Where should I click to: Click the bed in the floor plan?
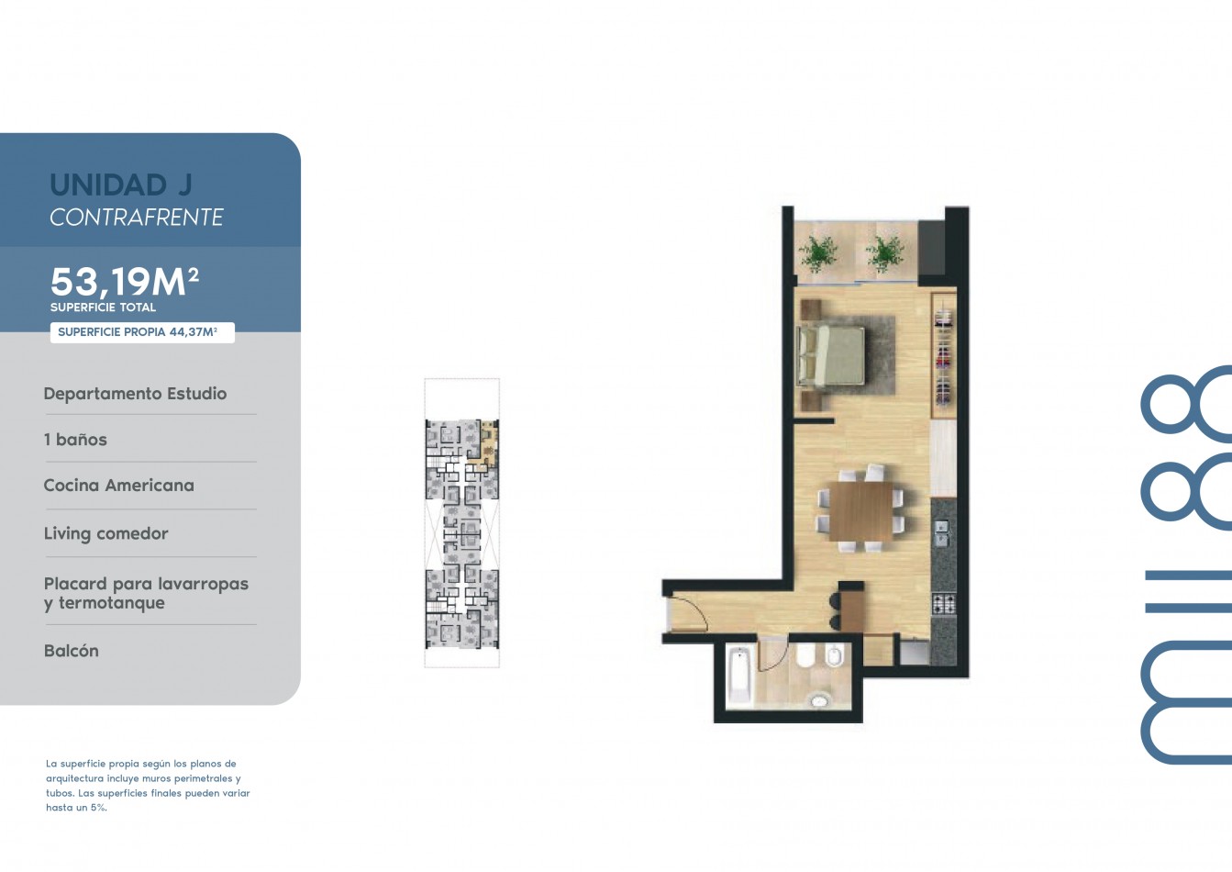pos(830,356)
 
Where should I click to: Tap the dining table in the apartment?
pos(861,511)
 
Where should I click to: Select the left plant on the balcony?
pos(818,253)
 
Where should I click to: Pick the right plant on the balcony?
pos(884,253)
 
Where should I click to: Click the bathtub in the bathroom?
pos(738,676)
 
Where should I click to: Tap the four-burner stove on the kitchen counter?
pos(944,605)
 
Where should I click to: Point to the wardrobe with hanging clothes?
pos(944,357)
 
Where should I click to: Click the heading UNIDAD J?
pos(121,184)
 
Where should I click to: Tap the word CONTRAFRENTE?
pos(137,218)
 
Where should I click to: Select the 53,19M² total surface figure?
pos(124,281)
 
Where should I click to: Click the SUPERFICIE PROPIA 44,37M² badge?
pos(142,332)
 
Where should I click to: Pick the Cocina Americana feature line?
pos(119,486)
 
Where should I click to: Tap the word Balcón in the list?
pos(72,651)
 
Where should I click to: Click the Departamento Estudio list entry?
pos(135,394)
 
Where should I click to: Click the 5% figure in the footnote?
pos(98,808)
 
